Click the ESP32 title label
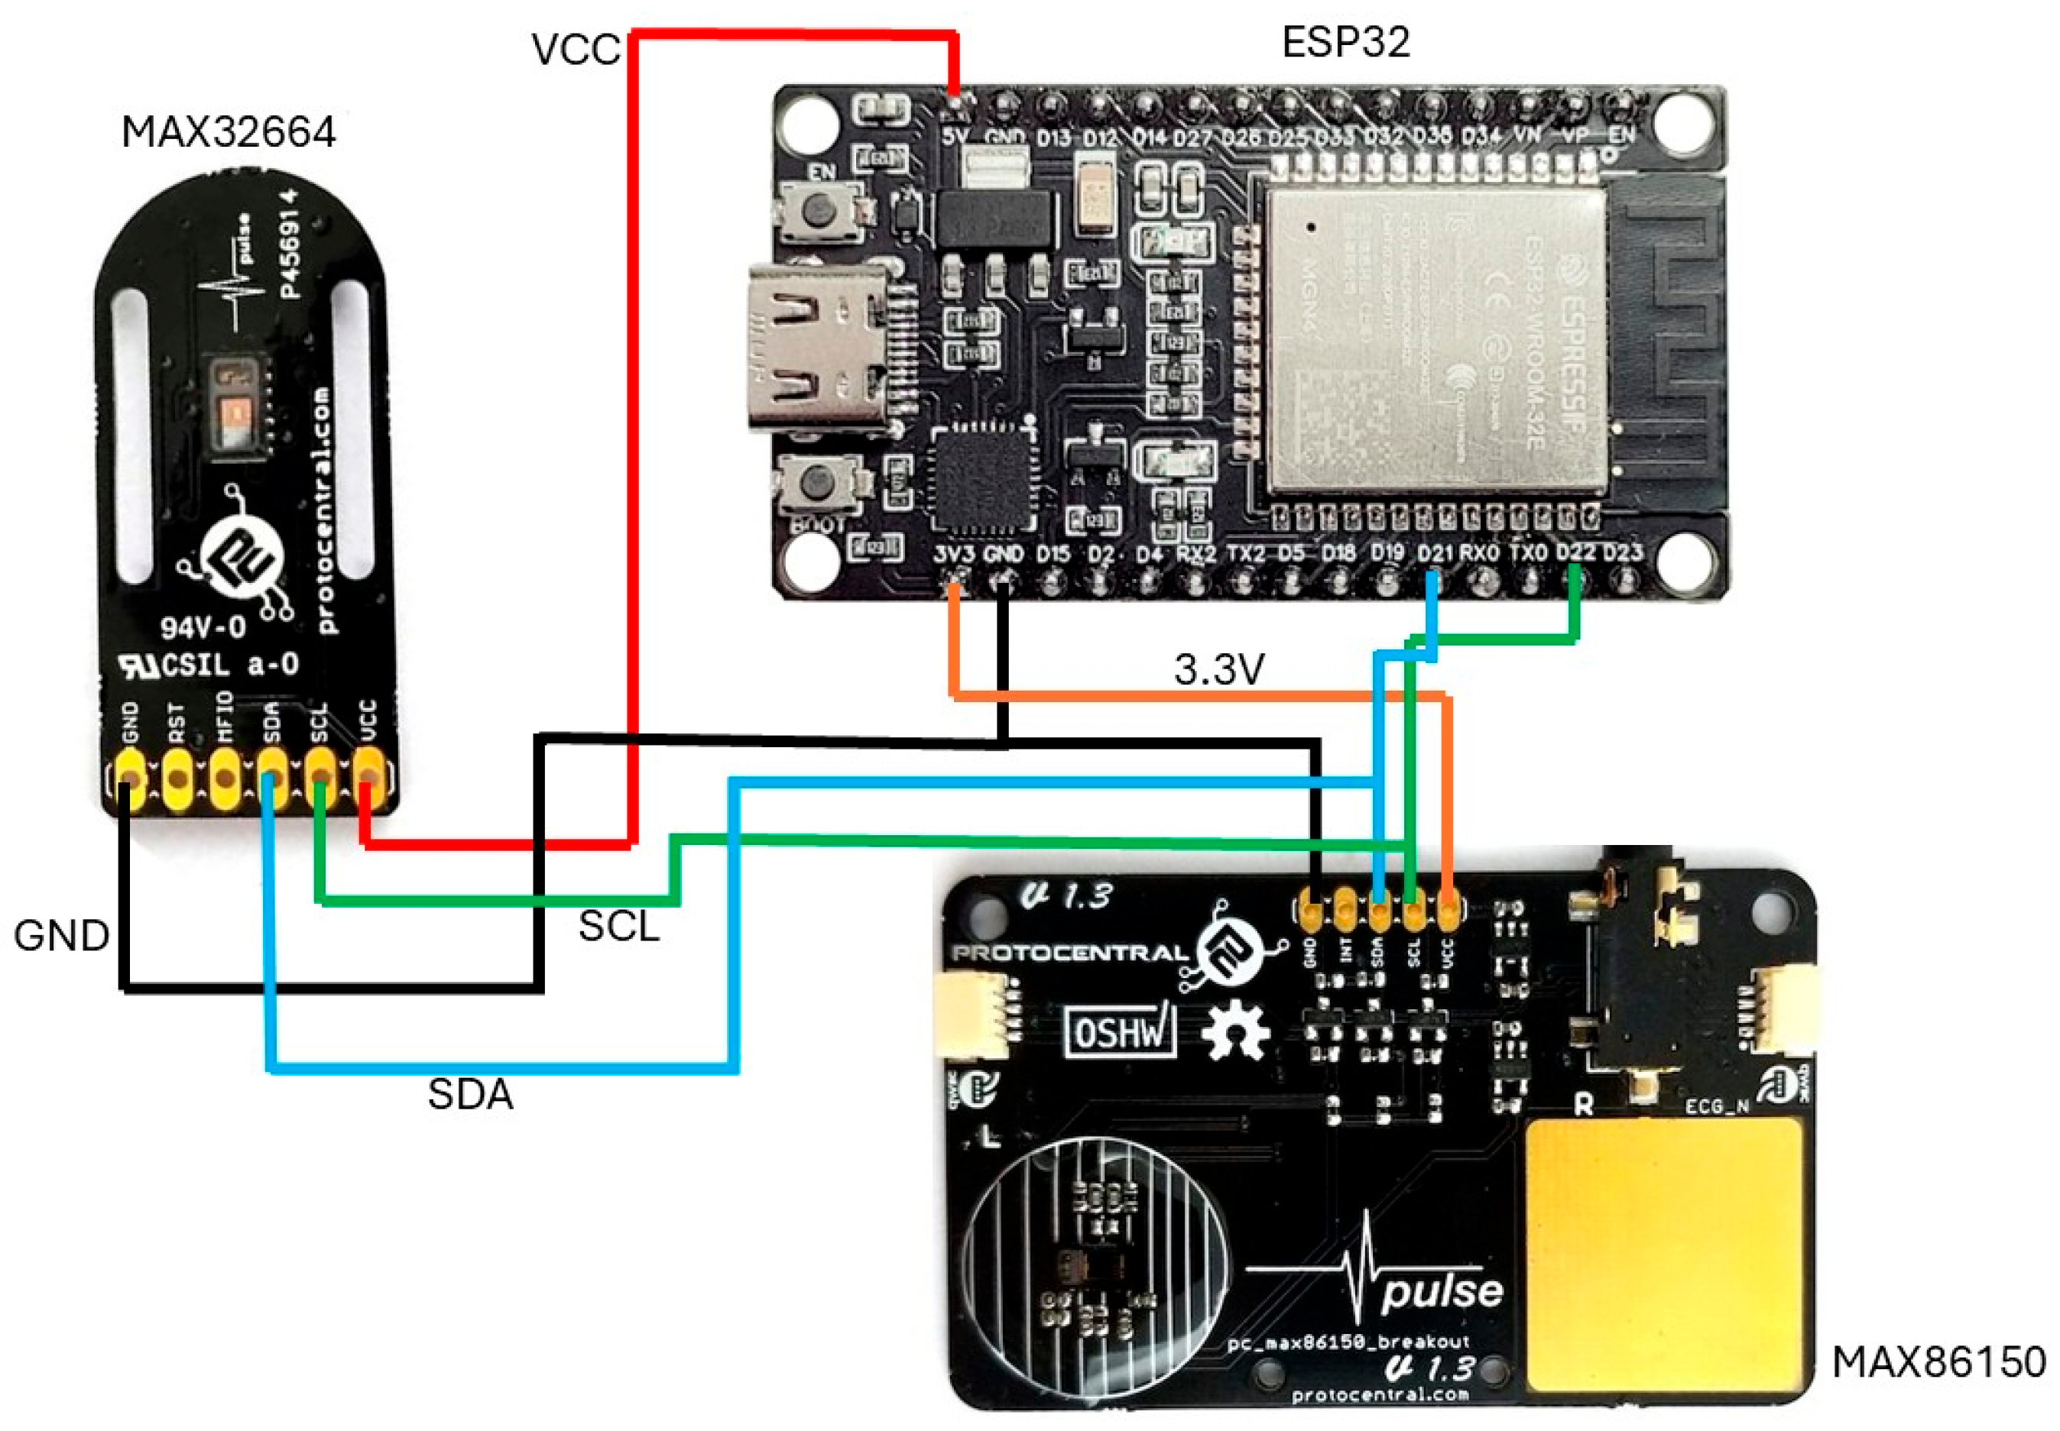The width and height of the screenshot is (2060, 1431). click(x=1345, y=42)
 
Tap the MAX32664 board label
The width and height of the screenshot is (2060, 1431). click(x=228, y=133)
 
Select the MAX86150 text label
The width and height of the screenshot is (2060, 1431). click(x=1938, y=1361)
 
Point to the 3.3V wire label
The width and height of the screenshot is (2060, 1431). click(x=1218, y=669)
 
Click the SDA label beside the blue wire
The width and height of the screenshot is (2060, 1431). click(x=470, y=1095)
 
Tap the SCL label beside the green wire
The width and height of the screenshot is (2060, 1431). click(x=618, y=925)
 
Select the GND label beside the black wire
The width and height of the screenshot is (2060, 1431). click(x=61, y=935)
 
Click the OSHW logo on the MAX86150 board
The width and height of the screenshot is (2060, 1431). click(x=1119, y=1031)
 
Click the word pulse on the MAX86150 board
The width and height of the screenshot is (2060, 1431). click(x=1441, y=1290)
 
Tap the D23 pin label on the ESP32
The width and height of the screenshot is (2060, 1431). click(x=1621, y=552)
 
